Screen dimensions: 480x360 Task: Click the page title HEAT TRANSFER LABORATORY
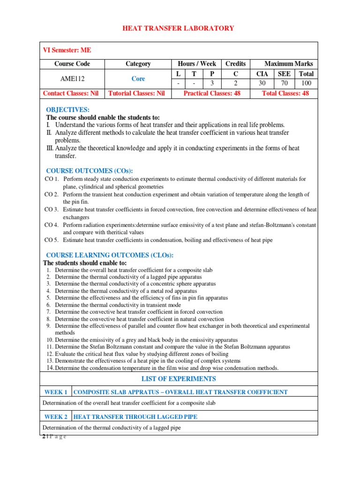(178, 29)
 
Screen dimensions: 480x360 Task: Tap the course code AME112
(72, 79)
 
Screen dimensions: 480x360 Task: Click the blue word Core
(138, 79)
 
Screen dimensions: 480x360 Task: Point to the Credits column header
(236, 64)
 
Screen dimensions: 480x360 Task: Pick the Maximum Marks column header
(289, 64)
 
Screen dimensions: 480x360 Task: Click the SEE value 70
(284, 83)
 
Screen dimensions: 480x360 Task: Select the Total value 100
(307, 83)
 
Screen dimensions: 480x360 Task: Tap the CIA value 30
(262, 83)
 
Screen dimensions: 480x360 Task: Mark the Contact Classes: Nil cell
(71, 93)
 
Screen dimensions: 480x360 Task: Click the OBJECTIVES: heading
(67, 110)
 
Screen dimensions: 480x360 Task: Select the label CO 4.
(52, 225)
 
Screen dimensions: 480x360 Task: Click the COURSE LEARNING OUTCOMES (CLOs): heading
(110, 255)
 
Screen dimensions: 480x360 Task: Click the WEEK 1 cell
(56, 392)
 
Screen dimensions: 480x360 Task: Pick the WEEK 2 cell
(56, 416)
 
